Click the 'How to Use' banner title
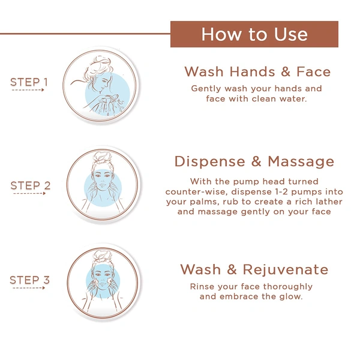pos(254,34)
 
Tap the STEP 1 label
pos(29,82)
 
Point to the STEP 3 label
pos(29,280)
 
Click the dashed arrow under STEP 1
pos(28,90)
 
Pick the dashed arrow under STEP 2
pos(28,194)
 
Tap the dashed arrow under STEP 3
pos(28,289)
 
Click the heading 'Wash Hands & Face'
pos(257,72)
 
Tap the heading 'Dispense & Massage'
pos(254,161)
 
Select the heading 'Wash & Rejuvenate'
pos(254,269)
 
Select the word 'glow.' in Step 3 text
pos(290,297)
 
